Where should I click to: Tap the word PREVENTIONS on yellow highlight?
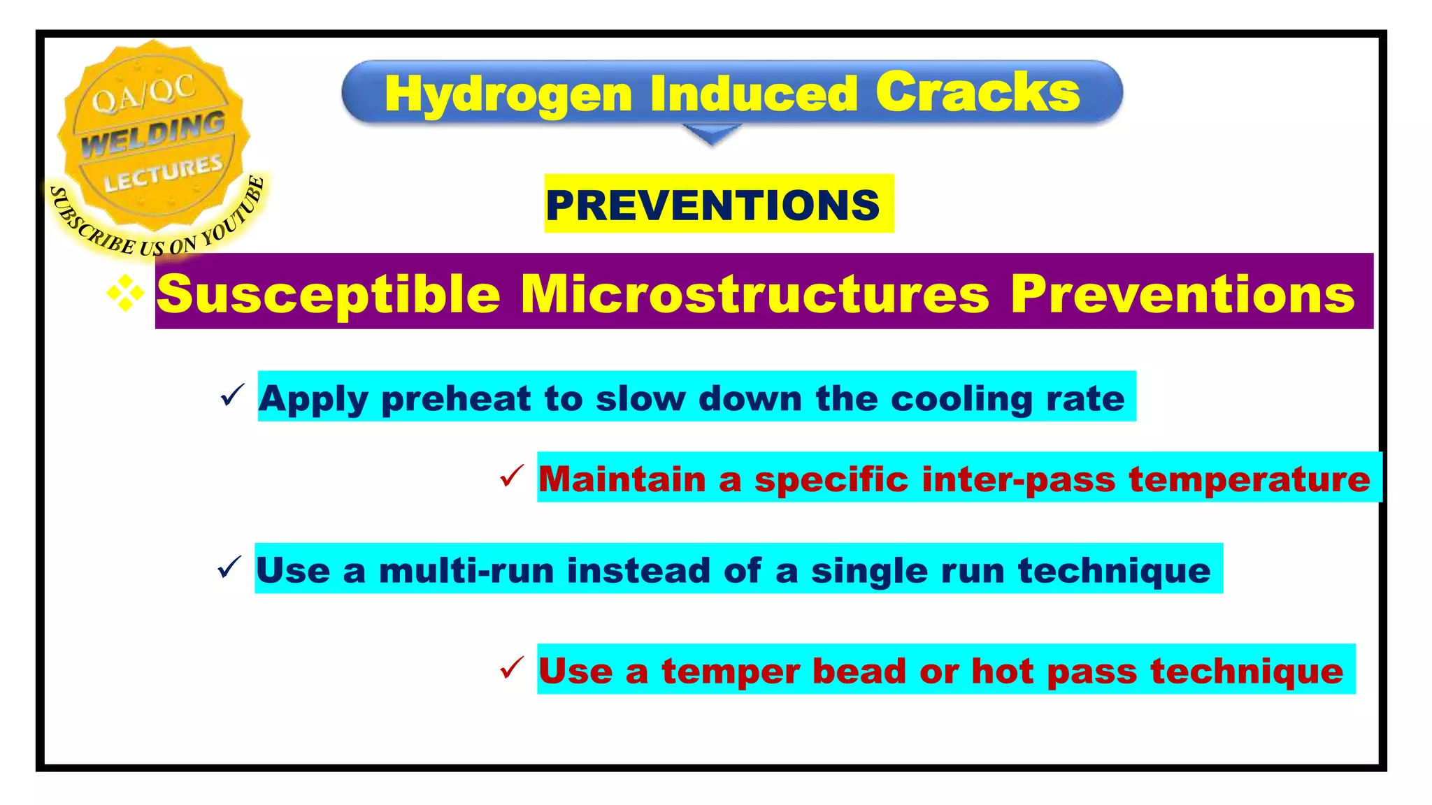click(713, 205)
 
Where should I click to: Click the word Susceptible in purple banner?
click(328, 294)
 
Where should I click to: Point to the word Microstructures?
click(754, 293)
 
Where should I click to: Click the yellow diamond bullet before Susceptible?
click(125, 293)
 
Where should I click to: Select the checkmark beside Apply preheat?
click(232, 396)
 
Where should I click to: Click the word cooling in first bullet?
click(962, 399)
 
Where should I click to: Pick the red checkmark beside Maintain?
click(512, 477)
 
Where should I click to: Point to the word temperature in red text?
click(1249, 479)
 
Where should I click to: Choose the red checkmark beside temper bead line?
click(512, 668)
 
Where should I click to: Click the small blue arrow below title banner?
click(711, 134)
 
